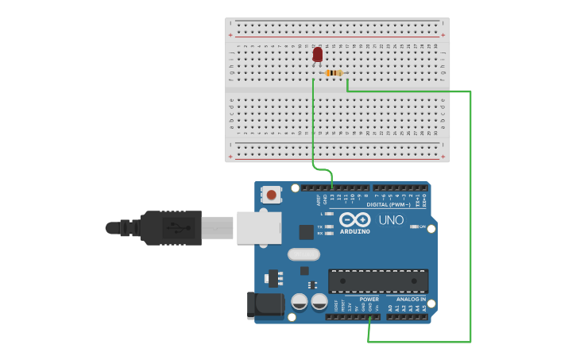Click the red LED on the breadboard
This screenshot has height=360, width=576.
coord(318,54)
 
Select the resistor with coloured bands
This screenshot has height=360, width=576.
coord(334,73)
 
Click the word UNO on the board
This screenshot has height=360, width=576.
coord(390,220)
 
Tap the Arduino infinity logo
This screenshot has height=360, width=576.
coord(354,219)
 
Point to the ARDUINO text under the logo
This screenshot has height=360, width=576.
coord(354,231)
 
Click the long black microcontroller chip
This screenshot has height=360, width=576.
coord(378,281)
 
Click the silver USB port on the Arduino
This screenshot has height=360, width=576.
coord(258,227)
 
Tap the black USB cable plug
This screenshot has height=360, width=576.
coord(170,227)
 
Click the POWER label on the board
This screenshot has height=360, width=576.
coord(369,300)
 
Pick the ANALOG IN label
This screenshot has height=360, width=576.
coord(411,300)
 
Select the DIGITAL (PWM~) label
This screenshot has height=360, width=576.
coord(389,204)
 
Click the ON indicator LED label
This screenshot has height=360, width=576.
coord(422,226)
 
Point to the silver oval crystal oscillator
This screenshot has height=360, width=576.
coord(303,254)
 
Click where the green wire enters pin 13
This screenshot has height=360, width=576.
coord(332,187)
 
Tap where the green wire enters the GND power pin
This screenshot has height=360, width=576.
coord(369,317)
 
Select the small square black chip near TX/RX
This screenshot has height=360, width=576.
coord(306,232)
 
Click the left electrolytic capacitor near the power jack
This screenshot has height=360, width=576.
coord(300,302)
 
